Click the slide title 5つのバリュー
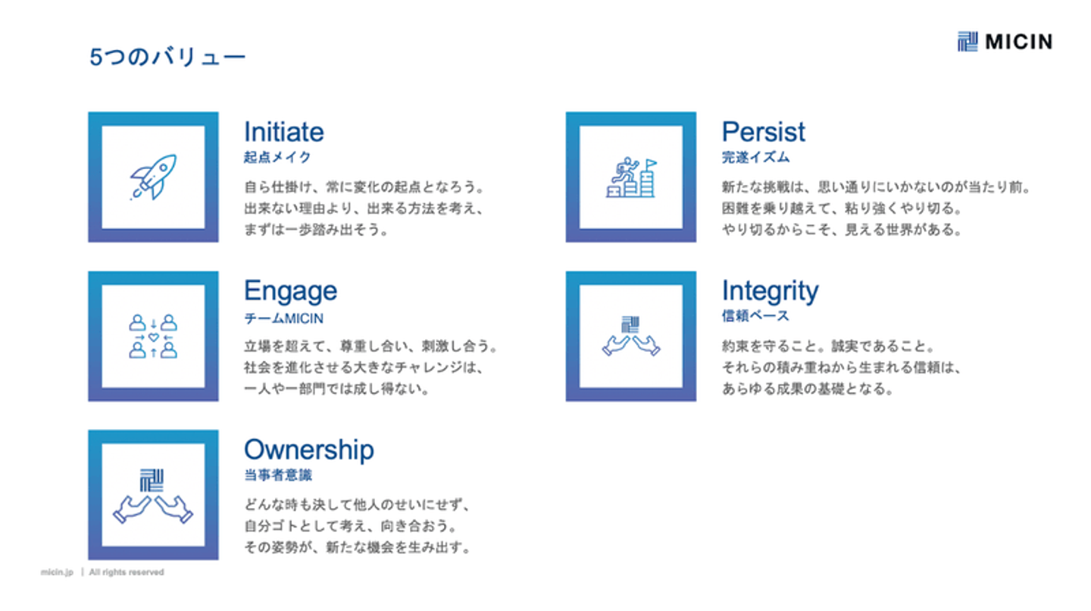pyautogui.click(x=167, y=57)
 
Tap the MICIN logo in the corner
pyautogui.click(x=1005, y=42)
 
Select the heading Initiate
pyautogui.click(x=284, y=132)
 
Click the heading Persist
pyautogui.click(x=763, y=132)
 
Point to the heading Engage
pyautogui.click(x=290, y=292)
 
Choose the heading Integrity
pyautogui.click(x=770, y=292)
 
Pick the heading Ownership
pyautogui.click(x=309, y=450)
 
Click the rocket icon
pyautogui.click(x=153, y=177)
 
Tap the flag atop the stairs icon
pyautogui.click(x=651, y=164)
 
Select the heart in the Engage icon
pyautogui.click(x=153, y=337)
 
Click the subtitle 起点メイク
pyautogui.click(x=277, y=158)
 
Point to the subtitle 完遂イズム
pyautogui.click(x=755, y=158)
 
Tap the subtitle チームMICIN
pyautogui.click(x=283, y=318)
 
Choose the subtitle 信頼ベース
pyautogui.click(x=755, y=315)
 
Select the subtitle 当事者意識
pyautogui.click(x=278, y=475)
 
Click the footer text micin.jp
pyautogui.click(x=57, y=572)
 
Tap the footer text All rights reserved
pyautogui.click(x=127, y=572)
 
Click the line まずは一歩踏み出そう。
pyautogui.click(x=317, y=230)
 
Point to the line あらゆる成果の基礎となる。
pyautogui.click(x=808, y=389)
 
